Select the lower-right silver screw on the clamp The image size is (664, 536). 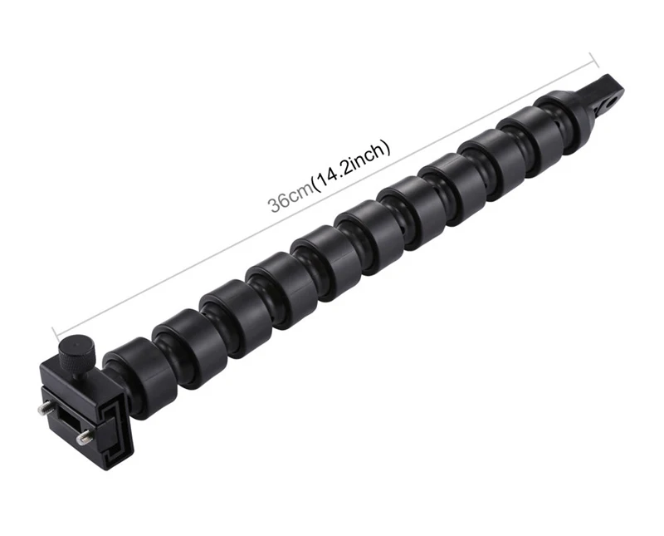point(83,437)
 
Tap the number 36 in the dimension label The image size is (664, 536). point(278,203)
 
